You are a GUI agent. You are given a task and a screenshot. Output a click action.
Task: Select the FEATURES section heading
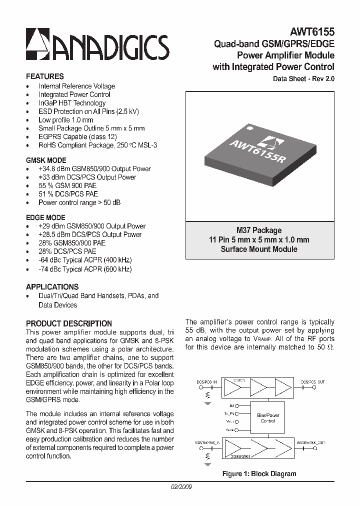click(44, 76)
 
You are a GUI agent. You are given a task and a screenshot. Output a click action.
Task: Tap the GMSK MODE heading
click(45, 160)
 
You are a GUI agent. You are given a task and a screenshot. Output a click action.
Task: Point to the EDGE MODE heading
click(45, 217)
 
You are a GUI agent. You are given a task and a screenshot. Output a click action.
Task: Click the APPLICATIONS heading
click(52, 287)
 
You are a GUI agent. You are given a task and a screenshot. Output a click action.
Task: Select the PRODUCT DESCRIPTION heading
click(68, 323)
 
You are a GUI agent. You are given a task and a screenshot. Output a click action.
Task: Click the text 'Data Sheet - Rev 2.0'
click(303, 79)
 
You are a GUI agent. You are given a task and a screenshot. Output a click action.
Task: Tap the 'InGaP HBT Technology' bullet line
click(72, 103)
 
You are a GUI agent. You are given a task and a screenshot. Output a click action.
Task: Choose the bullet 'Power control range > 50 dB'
click(79, 202)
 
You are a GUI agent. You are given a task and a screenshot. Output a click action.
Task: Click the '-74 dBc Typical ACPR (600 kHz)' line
click(85, 269)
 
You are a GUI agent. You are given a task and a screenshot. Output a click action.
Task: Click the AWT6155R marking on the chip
click(257, 150)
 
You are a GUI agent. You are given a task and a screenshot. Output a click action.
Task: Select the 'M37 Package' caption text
click(259, 230)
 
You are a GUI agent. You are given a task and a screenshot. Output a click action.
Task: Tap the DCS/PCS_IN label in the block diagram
click(207, 381)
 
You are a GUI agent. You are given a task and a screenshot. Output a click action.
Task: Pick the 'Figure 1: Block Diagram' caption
click(259, 473)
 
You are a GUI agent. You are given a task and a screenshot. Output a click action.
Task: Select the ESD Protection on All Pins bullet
click(88, 111)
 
